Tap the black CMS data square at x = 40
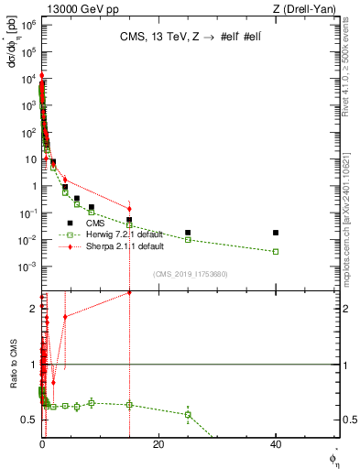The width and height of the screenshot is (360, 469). point(276,233)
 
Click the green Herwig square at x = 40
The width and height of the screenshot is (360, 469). point(276,251)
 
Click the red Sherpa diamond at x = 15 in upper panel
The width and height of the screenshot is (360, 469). point(129,209)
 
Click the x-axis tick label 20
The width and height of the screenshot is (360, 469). point(158,444)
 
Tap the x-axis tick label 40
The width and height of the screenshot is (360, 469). point(276,444)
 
